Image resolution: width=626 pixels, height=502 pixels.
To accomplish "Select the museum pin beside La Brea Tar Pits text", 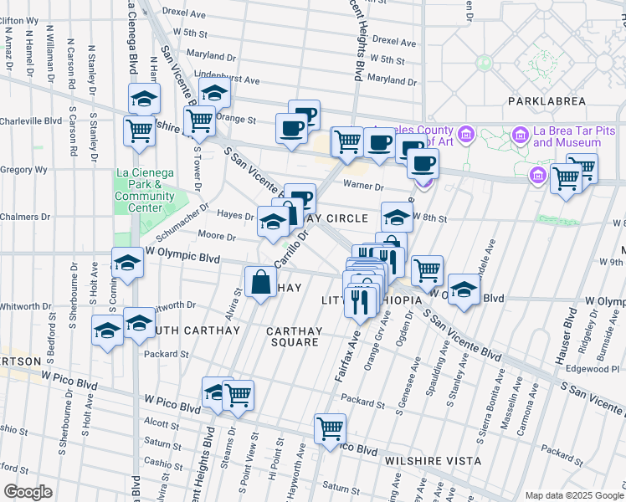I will point(520,134).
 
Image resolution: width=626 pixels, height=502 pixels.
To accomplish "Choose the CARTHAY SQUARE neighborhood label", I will point(293,336).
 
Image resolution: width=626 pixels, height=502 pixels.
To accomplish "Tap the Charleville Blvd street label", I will point(31,120).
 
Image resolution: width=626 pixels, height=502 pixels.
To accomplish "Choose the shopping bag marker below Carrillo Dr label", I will point(260,279).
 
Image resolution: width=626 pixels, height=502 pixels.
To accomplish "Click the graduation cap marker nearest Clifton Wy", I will point(144,97).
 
